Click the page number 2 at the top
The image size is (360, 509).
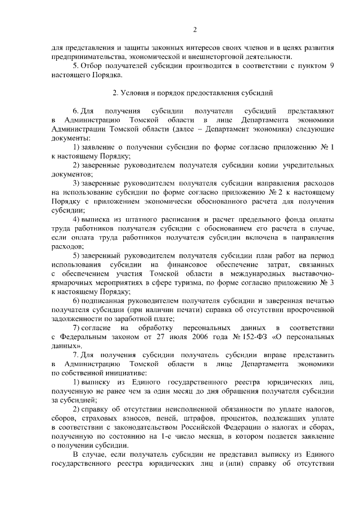(x=195, y=30)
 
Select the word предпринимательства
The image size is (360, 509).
(x=85, y=57)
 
